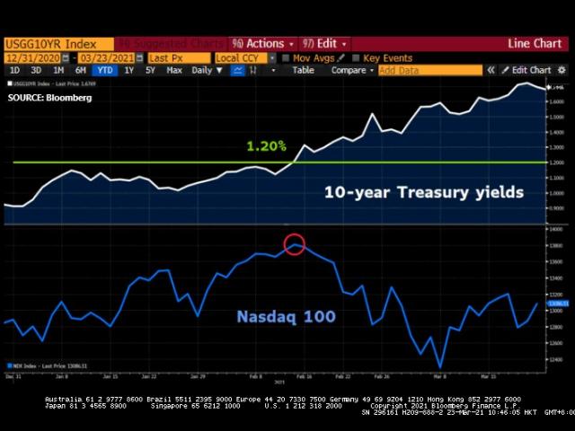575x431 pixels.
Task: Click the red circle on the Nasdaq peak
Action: (295, 243)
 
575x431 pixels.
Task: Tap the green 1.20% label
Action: (266, 145)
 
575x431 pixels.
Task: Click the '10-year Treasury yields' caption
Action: (423, 192)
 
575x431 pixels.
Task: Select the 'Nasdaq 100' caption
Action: (286, 316)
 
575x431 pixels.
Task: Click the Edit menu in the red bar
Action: (324, 43)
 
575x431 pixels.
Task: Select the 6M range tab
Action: (81, 70)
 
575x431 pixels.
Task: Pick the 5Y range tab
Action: (152, 70)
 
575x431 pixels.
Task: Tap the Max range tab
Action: (174, 70)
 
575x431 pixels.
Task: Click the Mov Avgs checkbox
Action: (286, 57)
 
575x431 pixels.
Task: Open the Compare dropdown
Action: (351, 70)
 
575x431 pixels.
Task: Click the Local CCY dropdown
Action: (243, 57)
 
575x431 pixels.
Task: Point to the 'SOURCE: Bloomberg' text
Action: (49, 97)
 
